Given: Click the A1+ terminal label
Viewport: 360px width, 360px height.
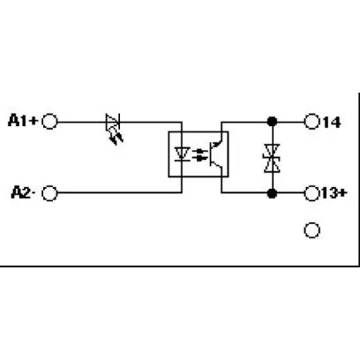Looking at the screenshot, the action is click(x=23, y=120).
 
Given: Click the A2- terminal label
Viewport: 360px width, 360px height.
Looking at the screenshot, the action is click(x=23, y=192).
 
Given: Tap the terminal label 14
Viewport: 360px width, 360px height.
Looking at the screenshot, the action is click(x=332, y=122).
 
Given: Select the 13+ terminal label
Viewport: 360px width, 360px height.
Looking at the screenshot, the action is click(x=334, y=193).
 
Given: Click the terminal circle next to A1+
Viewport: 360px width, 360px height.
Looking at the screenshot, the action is click(x=49, y=122).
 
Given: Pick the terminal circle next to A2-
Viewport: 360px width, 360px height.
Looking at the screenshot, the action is click(x=49, y=193).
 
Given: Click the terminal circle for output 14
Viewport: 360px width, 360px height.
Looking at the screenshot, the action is click(x=311, y=122).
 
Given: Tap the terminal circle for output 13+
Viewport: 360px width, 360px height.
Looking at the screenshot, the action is click(x=311, y=193).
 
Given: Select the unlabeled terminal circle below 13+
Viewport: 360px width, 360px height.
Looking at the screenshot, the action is click(x=311, y=230).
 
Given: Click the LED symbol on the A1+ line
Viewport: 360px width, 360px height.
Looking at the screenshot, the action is click(x=113, y=121).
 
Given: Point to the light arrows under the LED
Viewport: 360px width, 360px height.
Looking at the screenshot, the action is click(x=116, y=138).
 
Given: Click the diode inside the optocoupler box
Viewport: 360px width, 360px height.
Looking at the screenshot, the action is click(x=182, y=154).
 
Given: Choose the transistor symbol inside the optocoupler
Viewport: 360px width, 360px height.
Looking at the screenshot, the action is click(x=216, y=154).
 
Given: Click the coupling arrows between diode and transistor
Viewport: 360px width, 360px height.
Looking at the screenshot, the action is click(x=199, y=154).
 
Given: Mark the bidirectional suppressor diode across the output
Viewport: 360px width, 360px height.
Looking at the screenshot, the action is click(x=272, y=158).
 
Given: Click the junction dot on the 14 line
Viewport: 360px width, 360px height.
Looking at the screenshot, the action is click(x=272, y=121).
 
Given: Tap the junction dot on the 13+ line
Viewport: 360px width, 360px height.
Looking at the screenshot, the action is click(x=272, y=193).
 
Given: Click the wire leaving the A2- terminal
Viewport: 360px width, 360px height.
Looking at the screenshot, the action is click(x=119, y=193).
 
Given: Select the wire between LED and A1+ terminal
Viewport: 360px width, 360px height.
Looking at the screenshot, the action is click(x=81, y=122).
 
